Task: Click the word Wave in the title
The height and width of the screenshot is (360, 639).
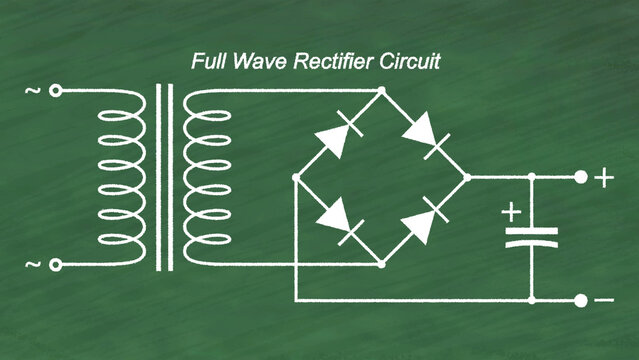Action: click(x=259, y=62)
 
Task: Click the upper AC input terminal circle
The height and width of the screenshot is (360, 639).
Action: click(x=56, y=91)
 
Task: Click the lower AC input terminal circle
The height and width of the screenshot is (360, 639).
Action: click(x=56, y=265)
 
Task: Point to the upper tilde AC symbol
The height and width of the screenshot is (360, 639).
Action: click(x=33, y=91)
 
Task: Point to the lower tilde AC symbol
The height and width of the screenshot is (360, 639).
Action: click(x=33, y=265)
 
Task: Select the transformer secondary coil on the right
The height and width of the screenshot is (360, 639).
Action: click(x=209, y=177)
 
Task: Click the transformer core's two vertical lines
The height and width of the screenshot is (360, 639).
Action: click(x=164, y=177)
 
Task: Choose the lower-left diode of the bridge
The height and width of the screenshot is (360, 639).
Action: click(x=337, y=220)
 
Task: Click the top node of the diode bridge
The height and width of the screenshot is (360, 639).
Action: click(x=381, y=91)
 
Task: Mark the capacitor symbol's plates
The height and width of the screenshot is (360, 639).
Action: click(x=531, y=236)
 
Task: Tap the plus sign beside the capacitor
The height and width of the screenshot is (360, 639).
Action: click(x=511, y=212)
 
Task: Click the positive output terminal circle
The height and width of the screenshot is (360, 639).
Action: click(x=581, y=177)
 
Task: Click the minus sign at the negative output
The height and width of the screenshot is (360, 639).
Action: click(x=605, y=300)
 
